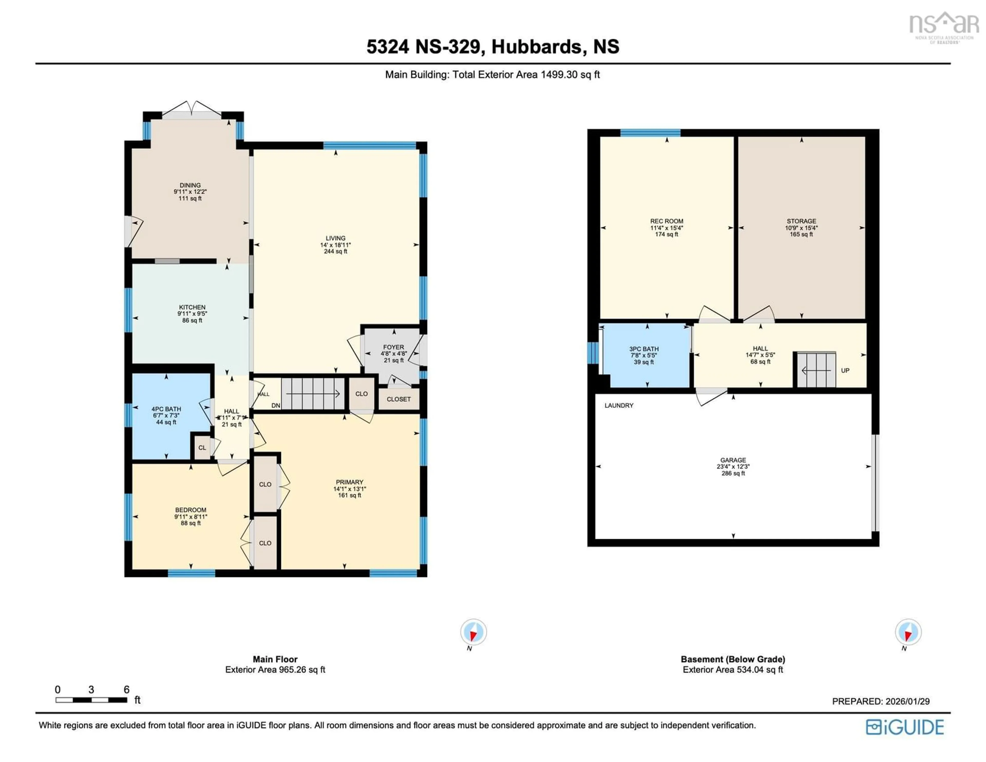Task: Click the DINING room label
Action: (x=190, y=185)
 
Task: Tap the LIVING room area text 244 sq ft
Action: (x=335, y=252)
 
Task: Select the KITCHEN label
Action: (x=192, y=307)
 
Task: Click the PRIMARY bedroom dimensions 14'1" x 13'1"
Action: (x=349, y=489)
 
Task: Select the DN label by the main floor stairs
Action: (x=276, y=406)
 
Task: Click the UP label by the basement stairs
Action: (x=845, y=370)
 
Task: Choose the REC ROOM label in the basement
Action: (x=666, y=221)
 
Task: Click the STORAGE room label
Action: (x=801, y=221)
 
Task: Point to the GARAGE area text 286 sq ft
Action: (x=733, y=473)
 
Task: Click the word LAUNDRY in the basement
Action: (x=619, y=406)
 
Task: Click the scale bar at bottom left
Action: (x=91, y=700)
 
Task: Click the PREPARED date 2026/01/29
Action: (x=907, y=701)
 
